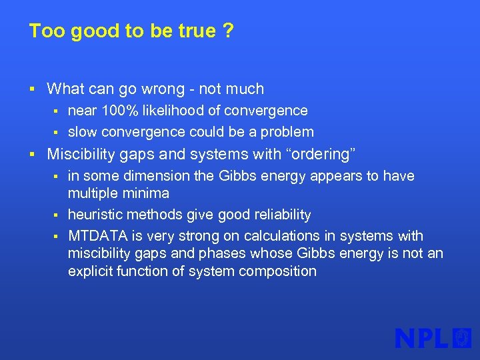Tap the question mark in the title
(229, 31)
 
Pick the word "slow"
(82, 132)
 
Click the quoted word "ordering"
(321, 155)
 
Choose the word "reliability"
(277, 215)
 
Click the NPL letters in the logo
(422, 338)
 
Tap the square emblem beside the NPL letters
(462, 338)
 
